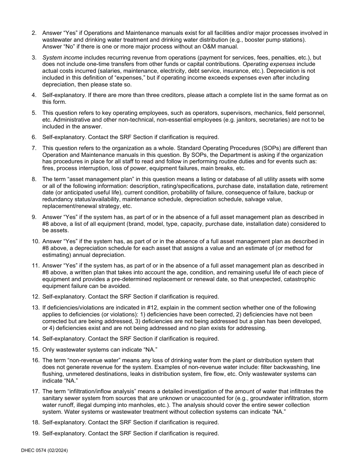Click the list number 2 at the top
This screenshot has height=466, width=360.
tap(34, 33)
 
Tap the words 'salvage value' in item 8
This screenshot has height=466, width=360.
tap(264, 199)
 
